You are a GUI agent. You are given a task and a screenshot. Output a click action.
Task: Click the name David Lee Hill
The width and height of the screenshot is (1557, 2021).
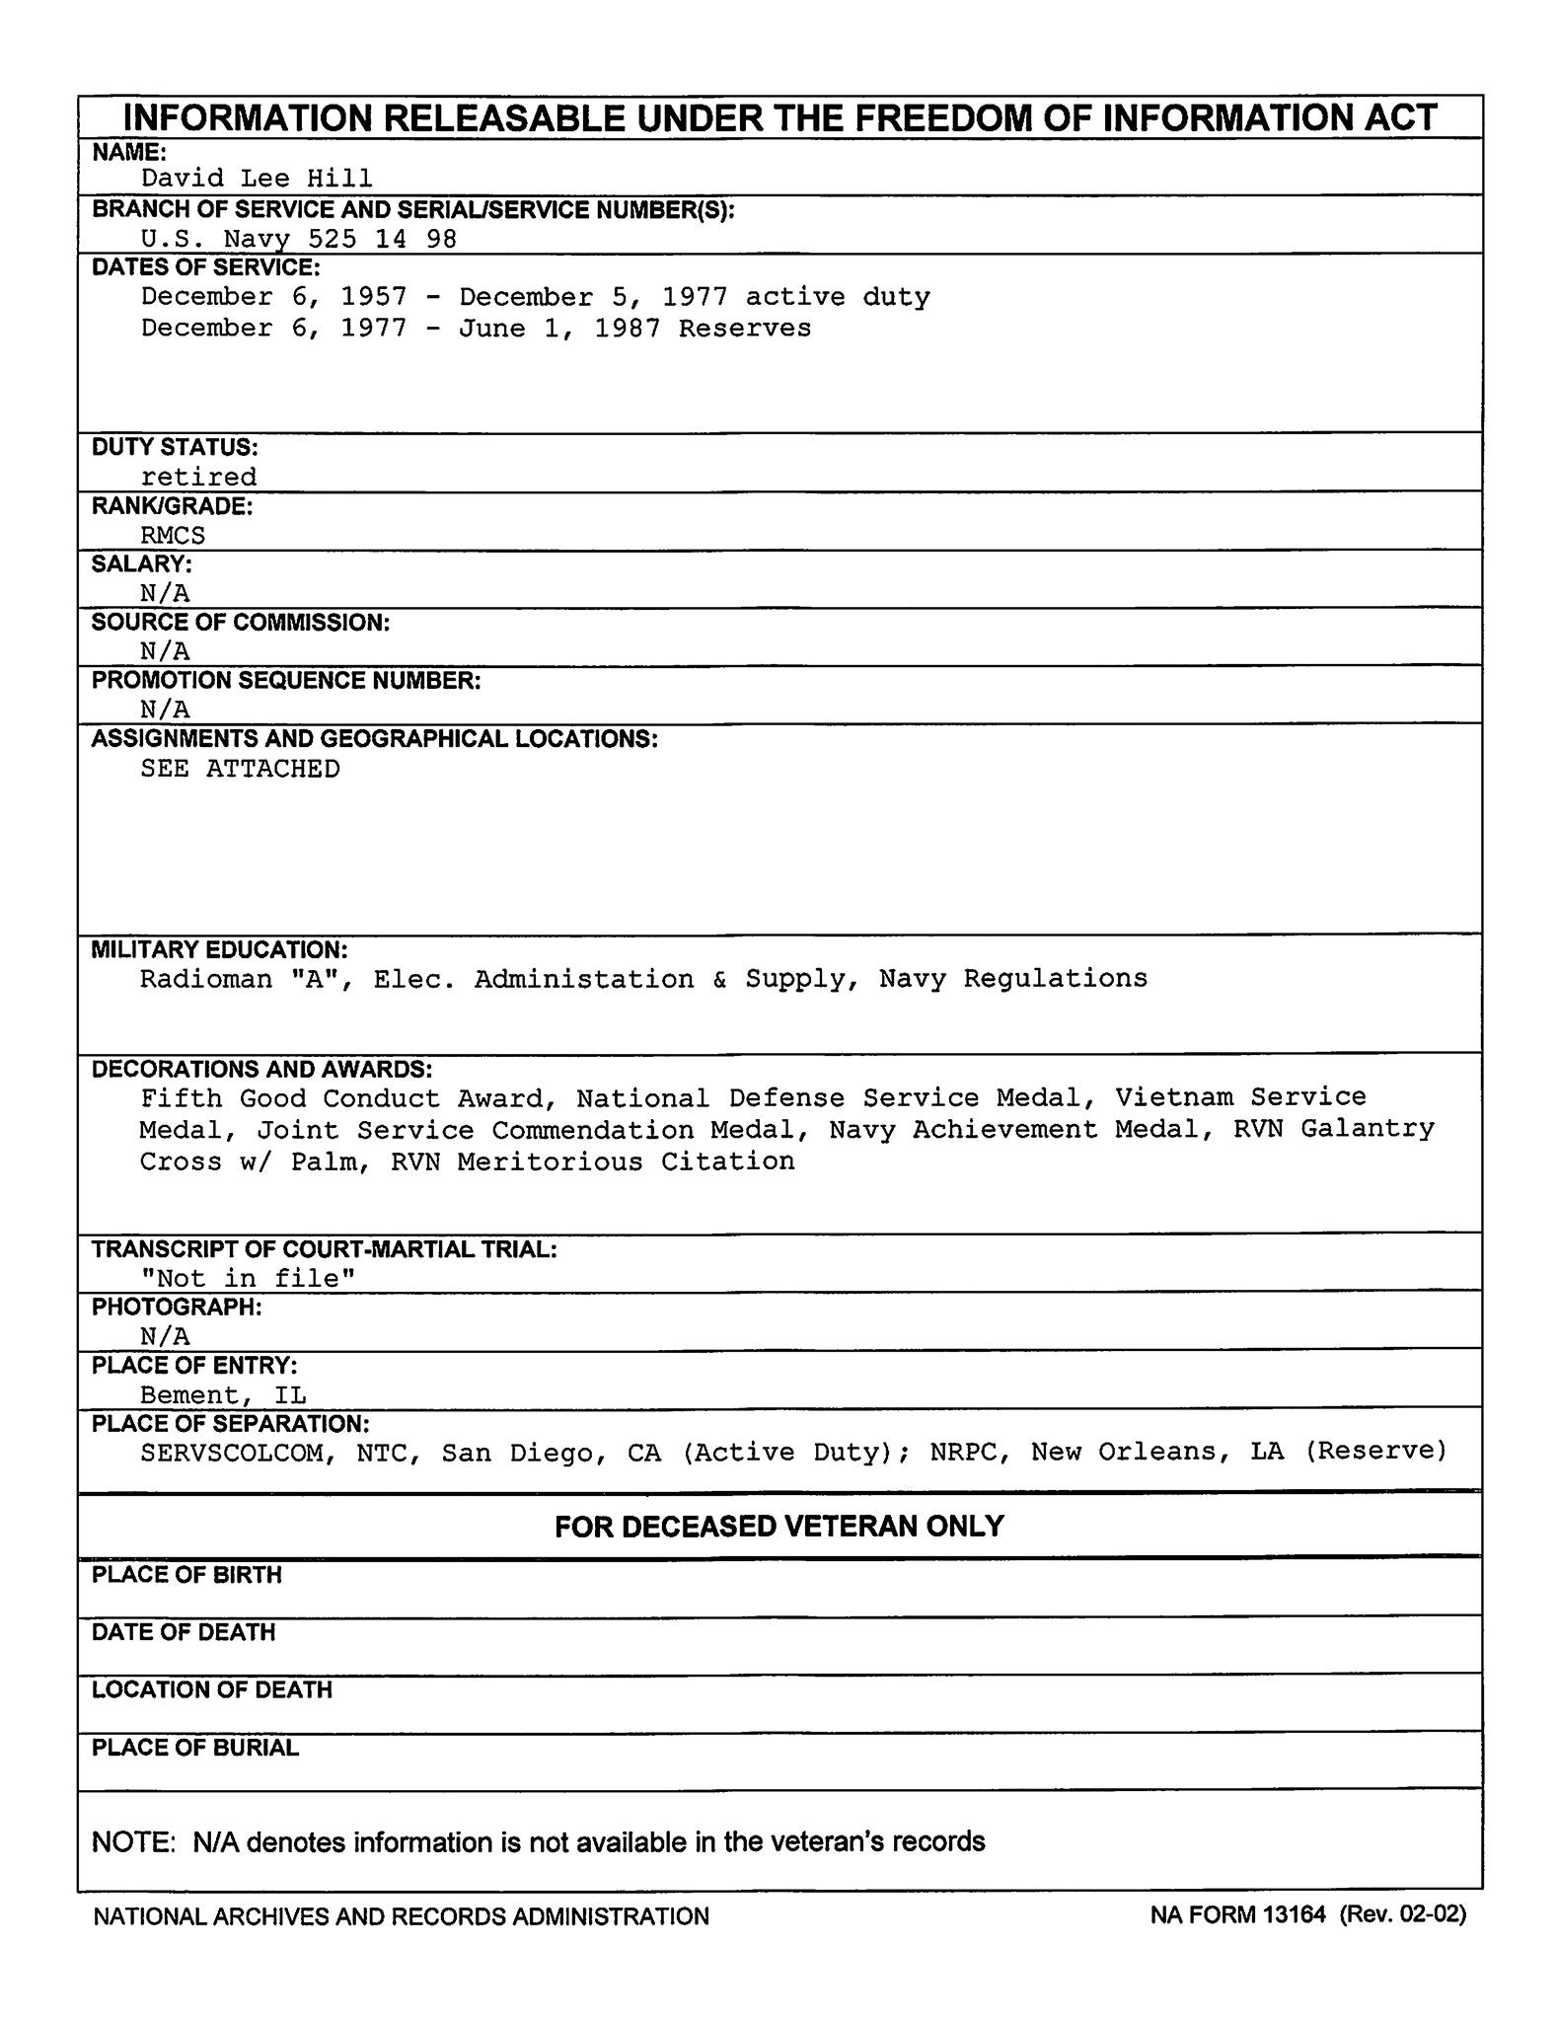point(257,179)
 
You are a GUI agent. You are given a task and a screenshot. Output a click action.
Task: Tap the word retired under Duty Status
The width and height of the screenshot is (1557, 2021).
point(198,478)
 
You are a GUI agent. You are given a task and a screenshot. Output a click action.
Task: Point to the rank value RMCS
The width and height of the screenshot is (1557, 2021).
point(173,536)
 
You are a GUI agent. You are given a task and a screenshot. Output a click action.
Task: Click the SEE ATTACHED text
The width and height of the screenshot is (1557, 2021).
point(240,769)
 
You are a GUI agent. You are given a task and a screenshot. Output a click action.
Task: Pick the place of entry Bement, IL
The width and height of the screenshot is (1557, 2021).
point(223,1395)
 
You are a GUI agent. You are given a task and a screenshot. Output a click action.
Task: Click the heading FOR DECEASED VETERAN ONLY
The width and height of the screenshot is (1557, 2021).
point(778,1527)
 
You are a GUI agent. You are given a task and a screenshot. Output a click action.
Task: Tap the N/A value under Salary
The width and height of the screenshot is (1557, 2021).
point(165,593)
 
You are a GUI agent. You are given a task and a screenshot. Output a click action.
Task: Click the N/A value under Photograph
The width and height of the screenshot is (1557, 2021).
point(165,1337)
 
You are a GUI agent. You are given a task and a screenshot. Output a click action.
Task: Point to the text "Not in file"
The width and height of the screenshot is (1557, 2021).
point(248,1279)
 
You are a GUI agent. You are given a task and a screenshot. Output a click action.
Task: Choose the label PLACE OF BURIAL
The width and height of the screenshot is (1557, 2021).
point(195,1748)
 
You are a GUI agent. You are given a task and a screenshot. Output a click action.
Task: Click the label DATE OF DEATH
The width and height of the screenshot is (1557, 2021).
point(184,1632)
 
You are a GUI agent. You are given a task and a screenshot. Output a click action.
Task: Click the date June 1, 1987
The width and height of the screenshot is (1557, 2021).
point(559,329)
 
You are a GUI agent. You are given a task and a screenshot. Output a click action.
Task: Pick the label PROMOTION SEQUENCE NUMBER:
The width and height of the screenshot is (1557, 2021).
point(286,681)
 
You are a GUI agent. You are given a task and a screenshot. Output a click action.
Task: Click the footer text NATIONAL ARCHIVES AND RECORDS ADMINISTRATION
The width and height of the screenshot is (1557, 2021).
point(401,1916)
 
